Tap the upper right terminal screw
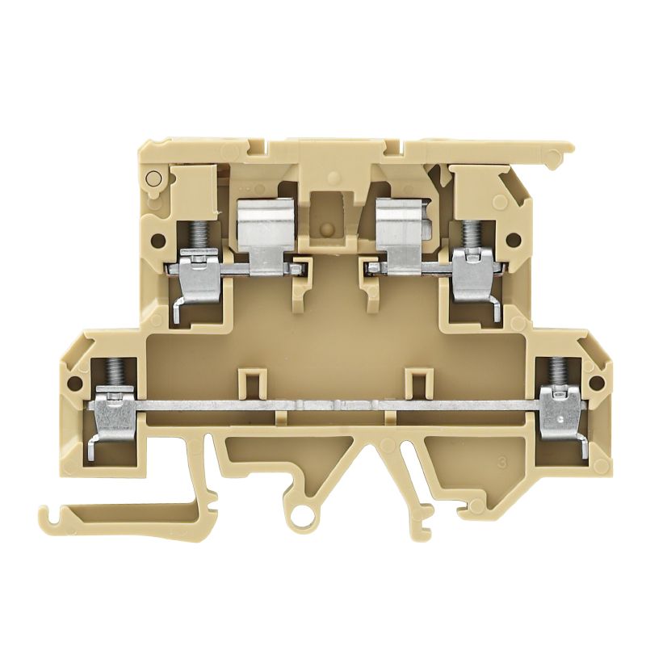point(467,233)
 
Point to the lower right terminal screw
point(556,371)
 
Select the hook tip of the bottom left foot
point(45,513)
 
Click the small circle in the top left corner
point(151,178)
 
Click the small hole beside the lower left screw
point(74,384)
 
